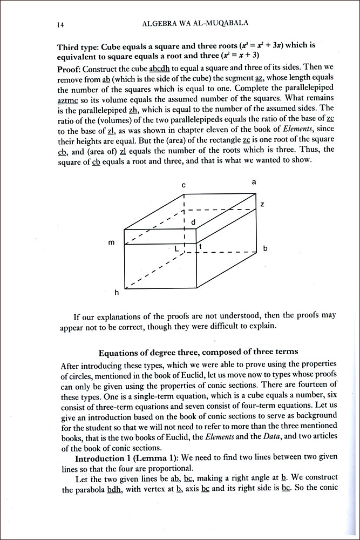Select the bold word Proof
coord(70,70)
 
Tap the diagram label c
coord(184,185)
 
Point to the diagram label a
coord(254,183)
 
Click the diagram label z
coord(262,204)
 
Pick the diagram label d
coord(193,222)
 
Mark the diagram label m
coord(111,242)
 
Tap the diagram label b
coord(264,249)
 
